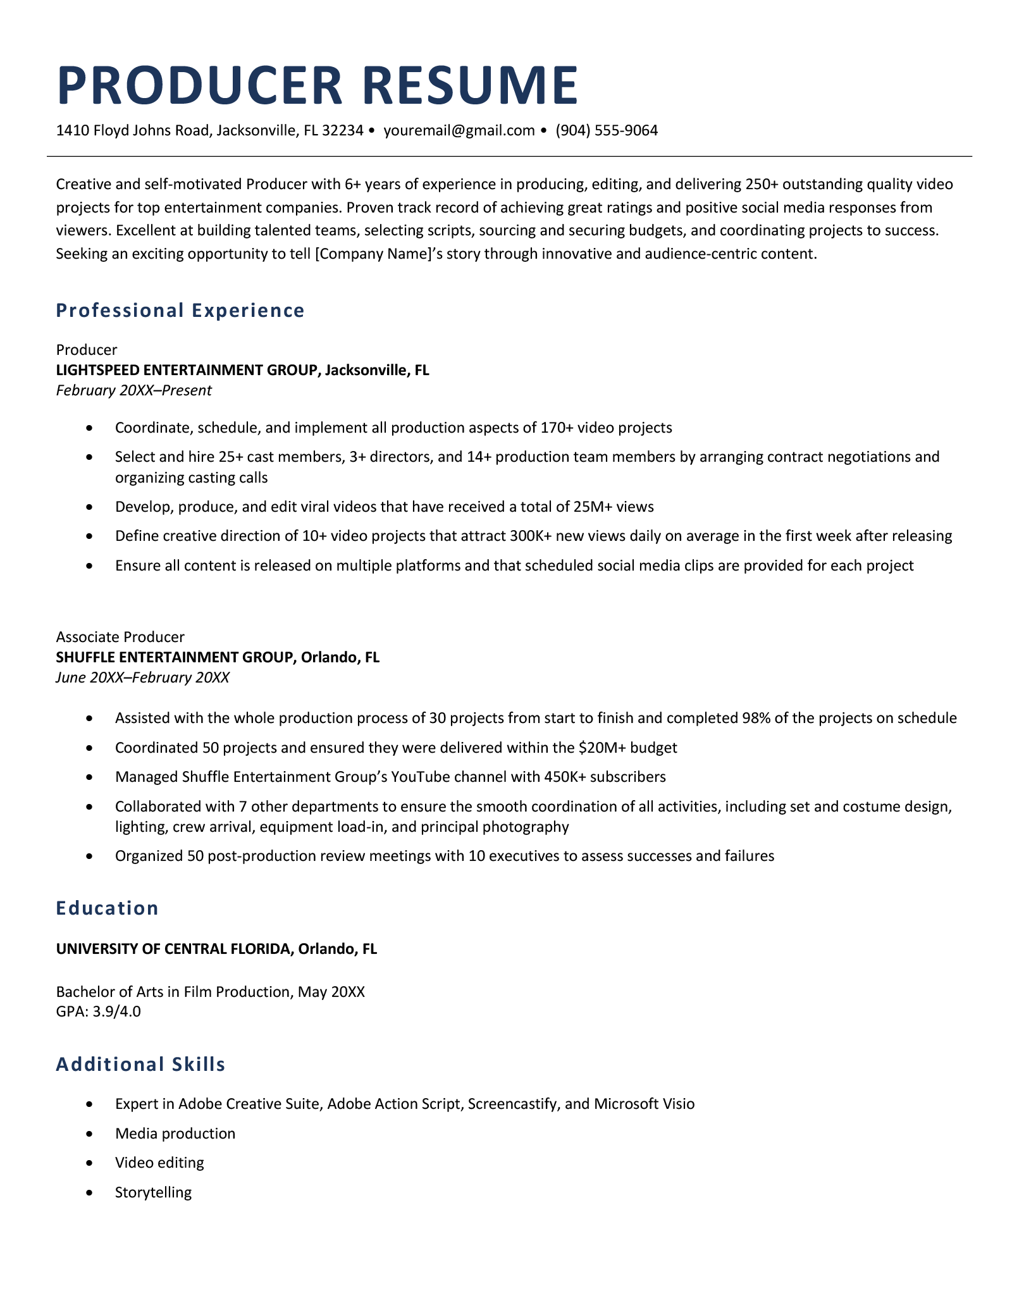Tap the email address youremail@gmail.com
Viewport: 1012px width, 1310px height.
(x=459, y=131)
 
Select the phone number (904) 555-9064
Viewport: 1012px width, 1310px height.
(x=607, y=131)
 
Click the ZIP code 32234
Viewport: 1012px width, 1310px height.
(x=342, y=131)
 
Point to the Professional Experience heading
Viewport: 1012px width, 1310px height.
(x=180, y=311)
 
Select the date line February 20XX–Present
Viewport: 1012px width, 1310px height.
(x=133, y=390)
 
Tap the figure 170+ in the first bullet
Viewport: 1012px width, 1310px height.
(x=557, y=428)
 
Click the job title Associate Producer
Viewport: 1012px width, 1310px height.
(x=120, y=637)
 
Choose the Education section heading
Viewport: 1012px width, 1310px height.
(x=107, y=908)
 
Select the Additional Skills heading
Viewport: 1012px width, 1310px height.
(x=140, y=1065)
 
